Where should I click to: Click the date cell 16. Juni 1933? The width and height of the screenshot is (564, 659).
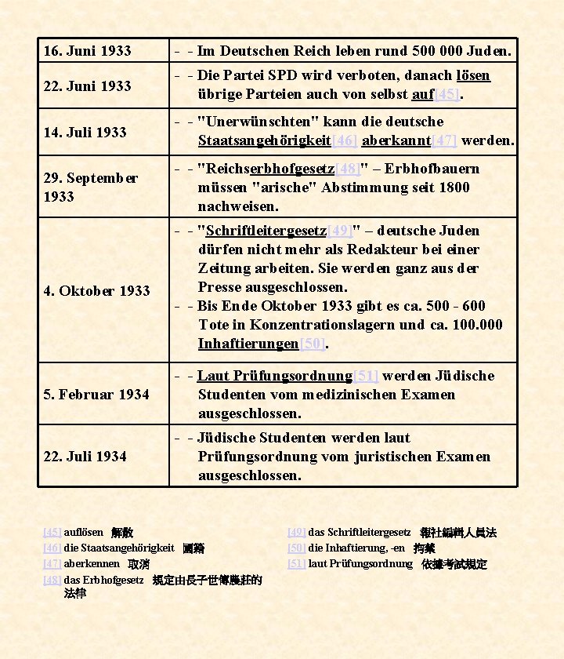(x=87, y=51)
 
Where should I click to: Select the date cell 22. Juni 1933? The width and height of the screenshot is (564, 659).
(x=87, y=86)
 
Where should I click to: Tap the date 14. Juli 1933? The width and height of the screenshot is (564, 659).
(x=85, y=132)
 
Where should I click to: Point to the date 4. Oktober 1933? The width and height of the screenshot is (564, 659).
(x=96, y=290)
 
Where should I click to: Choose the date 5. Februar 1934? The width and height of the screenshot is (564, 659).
(x=96, y=394)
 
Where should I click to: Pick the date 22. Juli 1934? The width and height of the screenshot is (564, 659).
(x=85, y=456)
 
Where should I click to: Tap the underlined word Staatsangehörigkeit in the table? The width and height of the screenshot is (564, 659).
(x=265, y=140)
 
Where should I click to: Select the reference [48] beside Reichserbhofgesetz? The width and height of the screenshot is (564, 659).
(x=348, y=169)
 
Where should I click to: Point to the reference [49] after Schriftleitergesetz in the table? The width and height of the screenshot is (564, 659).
(x=340, y=231)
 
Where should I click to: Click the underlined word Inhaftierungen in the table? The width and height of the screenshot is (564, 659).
(x=248, y=344)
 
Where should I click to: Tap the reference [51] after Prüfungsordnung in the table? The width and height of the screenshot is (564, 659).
(x=366, y=376)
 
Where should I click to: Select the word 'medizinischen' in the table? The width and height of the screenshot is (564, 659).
(x=351, y=395)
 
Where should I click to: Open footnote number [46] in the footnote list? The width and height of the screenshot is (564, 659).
(x=52, y=548)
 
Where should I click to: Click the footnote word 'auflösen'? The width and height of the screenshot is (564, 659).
(x=83, y=532)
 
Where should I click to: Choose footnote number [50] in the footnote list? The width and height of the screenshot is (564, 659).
(x=296, y=548)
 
